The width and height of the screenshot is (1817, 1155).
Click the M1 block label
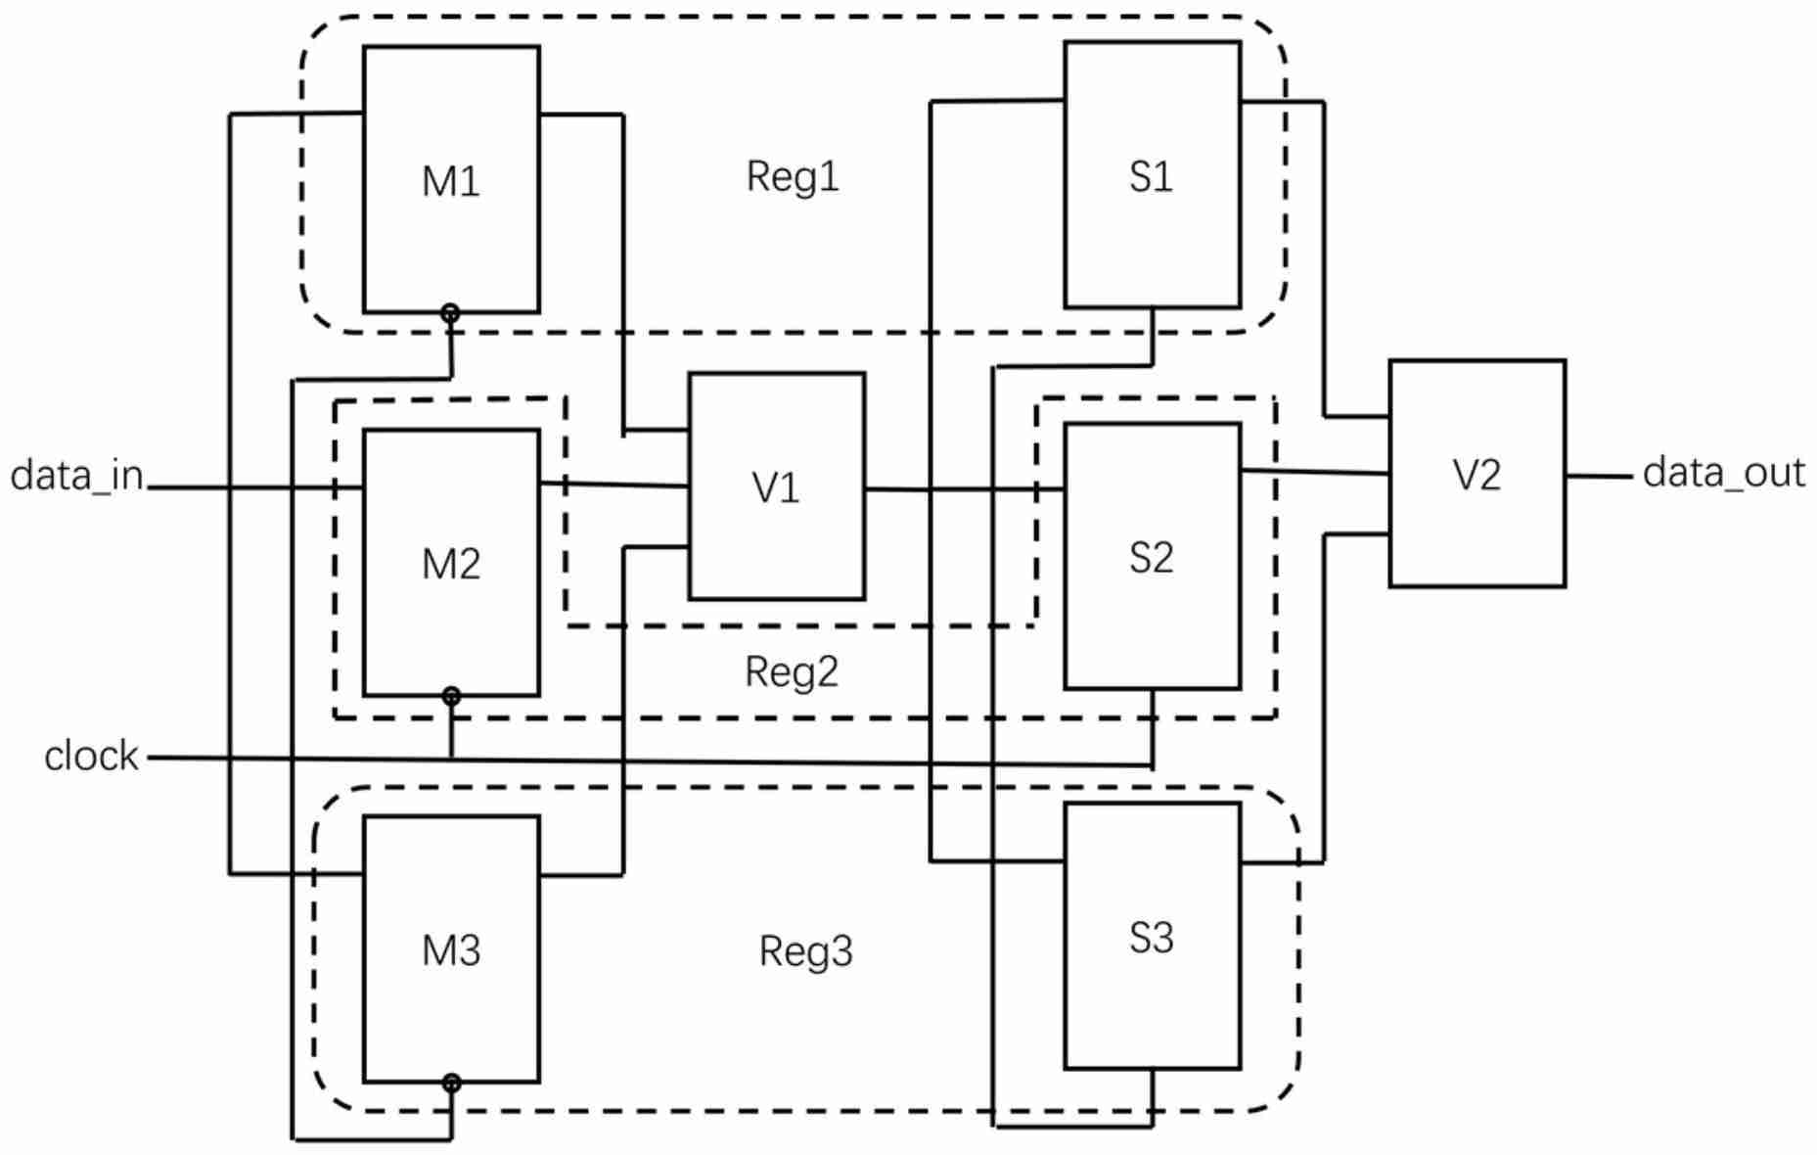451,182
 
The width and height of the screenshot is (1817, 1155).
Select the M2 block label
451,565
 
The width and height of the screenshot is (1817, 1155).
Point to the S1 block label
1151,177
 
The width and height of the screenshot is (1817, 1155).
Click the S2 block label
1151,558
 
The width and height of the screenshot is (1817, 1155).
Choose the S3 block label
1151,938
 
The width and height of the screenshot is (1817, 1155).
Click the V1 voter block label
776,487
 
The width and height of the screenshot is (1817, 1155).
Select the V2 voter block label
1476,475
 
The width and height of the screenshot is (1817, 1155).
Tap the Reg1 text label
793,177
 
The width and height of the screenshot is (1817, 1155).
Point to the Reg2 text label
792,672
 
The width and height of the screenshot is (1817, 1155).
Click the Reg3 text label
806,951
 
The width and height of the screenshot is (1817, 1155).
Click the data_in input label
77,476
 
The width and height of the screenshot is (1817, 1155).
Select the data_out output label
1723,473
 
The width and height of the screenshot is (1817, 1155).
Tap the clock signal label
91,757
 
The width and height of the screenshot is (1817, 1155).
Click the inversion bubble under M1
450,314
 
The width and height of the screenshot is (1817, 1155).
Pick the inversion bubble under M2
451,697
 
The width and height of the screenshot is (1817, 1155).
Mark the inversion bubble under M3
451,1084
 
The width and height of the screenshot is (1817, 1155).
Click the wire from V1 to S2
964,489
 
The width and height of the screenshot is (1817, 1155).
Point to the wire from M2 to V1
613,485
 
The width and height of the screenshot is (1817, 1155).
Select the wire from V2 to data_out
1599,477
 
